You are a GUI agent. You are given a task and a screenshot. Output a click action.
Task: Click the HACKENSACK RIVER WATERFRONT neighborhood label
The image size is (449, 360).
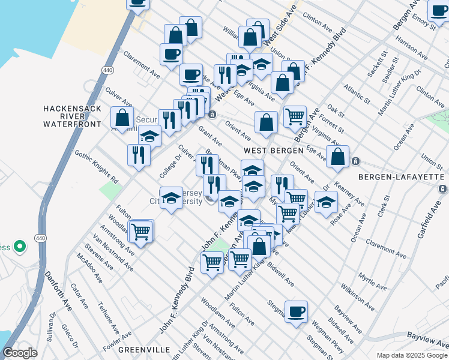tap(71, 116)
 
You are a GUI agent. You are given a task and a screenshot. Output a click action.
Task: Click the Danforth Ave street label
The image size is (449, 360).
tap(58, 291)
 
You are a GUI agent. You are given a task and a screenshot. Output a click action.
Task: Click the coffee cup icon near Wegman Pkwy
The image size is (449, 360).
tap(296, 312)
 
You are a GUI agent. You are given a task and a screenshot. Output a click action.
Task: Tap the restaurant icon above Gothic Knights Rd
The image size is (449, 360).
tap(139, 154)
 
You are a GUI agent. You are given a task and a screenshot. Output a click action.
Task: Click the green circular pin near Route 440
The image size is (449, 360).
tap(19, 247)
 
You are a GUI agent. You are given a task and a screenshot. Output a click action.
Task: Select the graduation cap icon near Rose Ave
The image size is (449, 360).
tap(326, 202)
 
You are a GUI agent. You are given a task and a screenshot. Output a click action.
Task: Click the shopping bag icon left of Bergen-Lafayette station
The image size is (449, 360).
tap(338, 157)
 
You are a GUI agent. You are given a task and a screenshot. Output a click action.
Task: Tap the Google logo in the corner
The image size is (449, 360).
tap(20, 353)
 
